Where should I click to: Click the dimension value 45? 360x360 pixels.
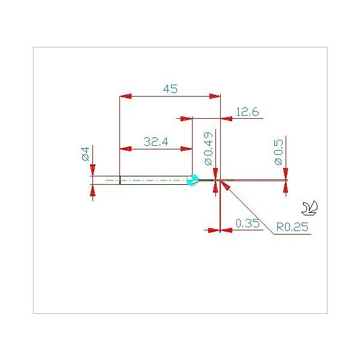pyautogui.click(x=170, y=89)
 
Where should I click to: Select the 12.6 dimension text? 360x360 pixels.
pyautogui.click(x=247, y=112)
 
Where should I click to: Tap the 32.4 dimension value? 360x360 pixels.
pyautogui.click(x=155, y=142)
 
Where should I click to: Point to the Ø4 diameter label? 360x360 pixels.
pyautogui.click(x=86, y=154)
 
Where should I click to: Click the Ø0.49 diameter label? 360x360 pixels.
pyautogui.click(x=208, y=149)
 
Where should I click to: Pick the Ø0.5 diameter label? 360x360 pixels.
pyautogui.click(x=279, y=152)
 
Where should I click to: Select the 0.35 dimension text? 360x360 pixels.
pyautogui.click(x=247, y=223)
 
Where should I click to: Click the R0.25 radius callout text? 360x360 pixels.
pyautogui.click(x=292, y=227)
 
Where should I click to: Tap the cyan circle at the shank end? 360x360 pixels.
pyautogui.click(x=192, y=180)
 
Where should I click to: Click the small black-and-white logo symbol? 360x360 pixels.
pyautogui.click(x=310, y=208)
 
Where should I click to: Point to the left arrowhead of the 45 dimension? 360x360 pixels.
pyautogui.click(x=125, y=96)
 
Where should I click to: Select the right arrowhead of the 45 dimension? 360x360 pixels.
pyautogui.click(x=215, y=96)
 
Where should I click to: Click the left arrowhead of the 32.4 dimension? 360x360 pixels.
pyautogui.click(x=125, y=149)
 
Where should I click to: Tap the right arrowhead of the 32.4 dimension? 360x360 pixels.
pyautogui.click(x=186, y=149)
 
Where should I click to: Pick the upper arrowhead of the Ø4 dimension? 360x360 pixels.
pyautogui.click(x=92, y=170)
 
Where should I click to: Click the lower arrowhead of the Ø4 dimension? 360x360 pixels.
pyautogui.click(x=92, y=191)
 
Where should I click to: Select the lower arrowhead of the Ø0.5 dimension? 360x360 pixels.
pyautogui.click(x=286, y=187)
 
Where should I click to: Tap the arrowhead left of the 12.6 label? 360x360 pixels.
pyautogui.click(x=186, y=118)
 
